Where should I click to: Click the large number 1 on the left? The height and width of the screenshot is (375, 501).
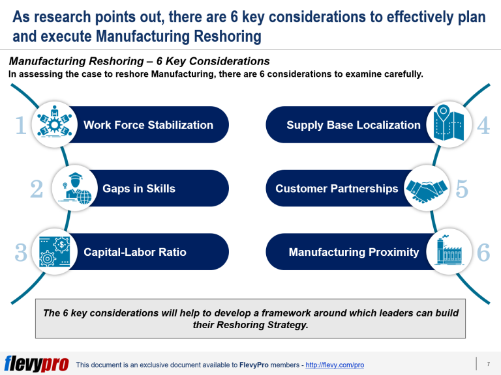pos(21,125)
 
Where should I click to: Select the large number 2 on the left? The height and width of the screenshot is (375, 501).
pos(37,189)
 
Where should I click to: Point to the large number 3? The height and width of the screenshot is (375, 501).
pos(21,252)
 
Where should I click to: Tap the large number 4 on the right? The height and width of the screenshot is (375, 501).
pos(483,125)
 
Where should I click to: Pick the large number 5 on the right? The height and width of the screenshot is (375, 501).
pos(462,189)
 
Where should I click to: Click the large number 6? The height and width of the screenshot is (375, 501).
pos(483,252)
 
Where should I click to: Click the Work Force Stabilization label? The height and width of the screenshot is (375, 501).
pos(148,125)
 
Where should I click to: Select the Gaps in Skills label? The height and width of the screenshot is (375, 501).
pos(139,189)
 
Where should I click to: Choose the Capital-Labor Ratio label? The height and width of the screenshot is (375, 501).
pos(134,252)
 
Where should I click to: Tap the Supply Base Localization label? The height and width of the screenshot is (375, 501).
pos(354,125)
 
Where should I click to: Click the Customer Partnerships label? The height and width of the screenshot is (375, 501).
pos(337,189)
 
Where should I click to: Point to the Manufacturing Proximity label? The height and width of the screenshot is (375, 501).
pos(354,252)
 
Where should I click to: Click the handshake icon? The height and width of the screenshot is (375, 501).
pos(427,189)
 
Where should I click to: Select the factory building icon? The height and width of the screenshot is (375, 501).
pos(449,251)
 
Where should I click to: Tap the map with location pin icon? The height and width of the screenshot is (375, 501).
pos(449,124)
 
